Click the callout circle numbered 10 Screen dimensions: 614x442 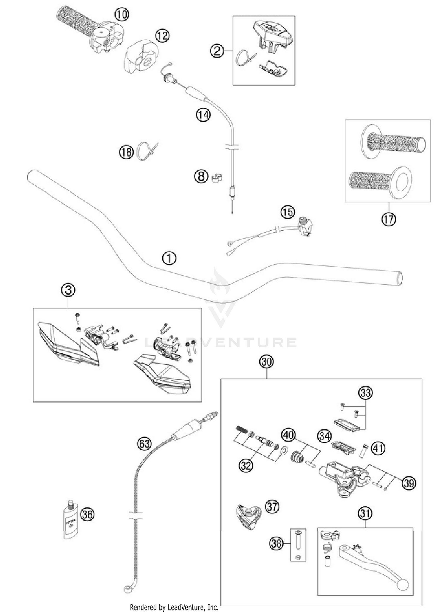click(x=122, y=14)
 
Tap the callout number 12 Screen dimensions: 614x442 click(x=162, y=36)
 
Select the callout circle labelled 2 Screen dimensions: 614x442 click(x=217, y=51)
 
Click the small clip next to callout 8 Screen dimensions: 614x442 click(x=217, y=177)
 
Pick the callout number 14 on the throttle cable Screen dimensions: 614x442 click(x=203, y=115)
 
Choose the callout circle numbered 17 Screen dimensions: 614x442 click(x=388, y=219)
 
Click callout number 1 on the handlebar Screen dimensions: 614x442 click(x=169, y=258)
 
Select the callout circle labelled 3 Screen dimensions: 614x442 click(x=68, y=290)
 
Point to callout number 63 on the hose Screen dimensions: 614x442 click(x=144, y=444)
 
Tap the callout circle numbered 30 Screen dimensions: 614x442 click(x=266, y=361)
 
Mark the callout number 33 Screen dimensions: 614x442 click(x=365, y=393)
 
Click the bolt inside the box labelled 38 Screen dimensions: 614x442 click(x=298, y=541)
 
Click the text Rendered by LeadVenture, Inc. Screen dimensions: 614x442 click(x=174, y=607)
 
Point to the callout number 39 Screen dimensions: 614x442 click(x=409, y=483)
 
